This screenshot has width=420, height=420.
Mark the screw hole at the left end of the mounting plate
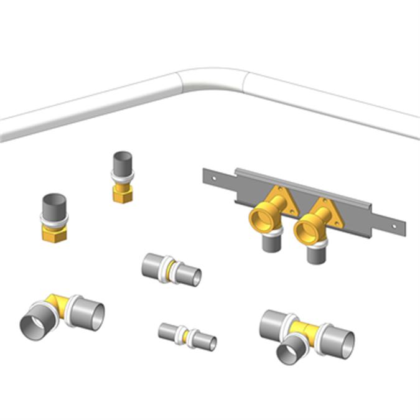[x=214, y=178]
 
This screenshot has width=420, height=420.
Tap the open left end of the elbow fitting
[x=31, y=326]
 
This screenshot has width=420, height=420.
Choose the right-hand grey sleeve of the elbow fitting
[x=87, y=314]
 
